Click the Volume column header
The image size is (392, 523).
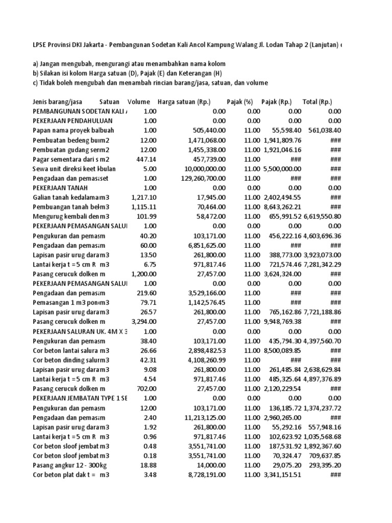click(x=139, y=102)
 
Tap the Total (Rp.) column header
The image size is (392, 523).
click(x=324, y=102)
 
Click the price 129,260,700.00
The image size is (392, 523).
click(x=199, y=178)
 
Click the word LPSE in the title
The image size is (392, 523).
click(x=39, y=45)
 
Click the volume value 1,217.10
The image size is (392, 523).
click(x=143, y=197)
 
